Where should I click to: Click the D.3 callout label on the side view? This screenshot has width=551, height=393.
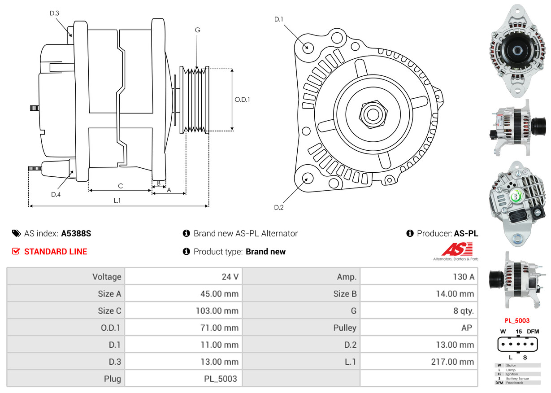54,13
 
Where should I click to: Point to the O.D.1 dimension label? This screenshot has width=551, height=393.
242,100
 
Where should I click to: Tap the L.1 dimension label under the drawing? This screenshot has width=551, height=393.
117,201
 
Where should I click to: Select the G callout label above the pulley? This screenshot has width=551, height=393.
197,30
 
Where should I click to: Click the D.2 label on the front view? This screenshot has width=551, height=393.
279,207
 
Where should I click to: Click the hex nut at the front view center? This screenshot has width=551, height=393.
372,114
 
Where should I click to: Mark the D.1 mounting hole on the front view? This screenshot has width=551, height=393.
308,47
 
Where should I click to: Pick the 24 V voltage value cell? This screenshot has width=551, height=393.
230,277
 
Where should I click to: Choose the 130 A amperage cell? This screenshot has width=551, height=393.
463,277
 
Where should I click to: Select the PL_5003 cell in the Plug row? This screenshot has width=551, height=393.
220,379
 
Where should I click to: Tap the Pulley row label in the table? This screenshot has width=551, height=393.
345,328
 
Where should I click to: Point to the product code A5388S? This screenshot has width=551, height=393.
76,233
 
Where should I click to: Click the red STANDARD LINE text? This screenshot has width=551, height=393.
56,252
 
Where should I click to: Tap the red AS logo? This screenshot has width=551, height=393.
457,249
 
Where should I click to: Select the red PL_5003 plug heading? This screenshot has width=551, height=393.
517,321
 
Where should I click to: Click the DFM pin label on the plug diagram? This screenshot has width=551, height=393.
533,332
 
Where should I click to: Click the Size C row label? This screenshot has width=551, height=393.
109,311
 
